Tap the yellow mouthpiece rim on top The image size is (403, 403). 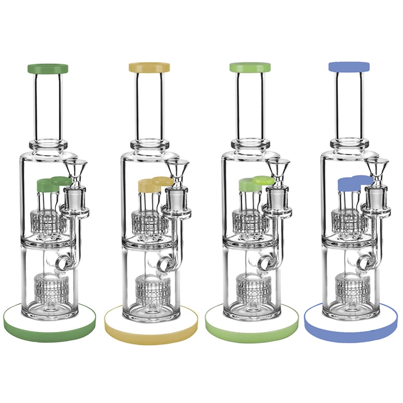click(x=149, y=68)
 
